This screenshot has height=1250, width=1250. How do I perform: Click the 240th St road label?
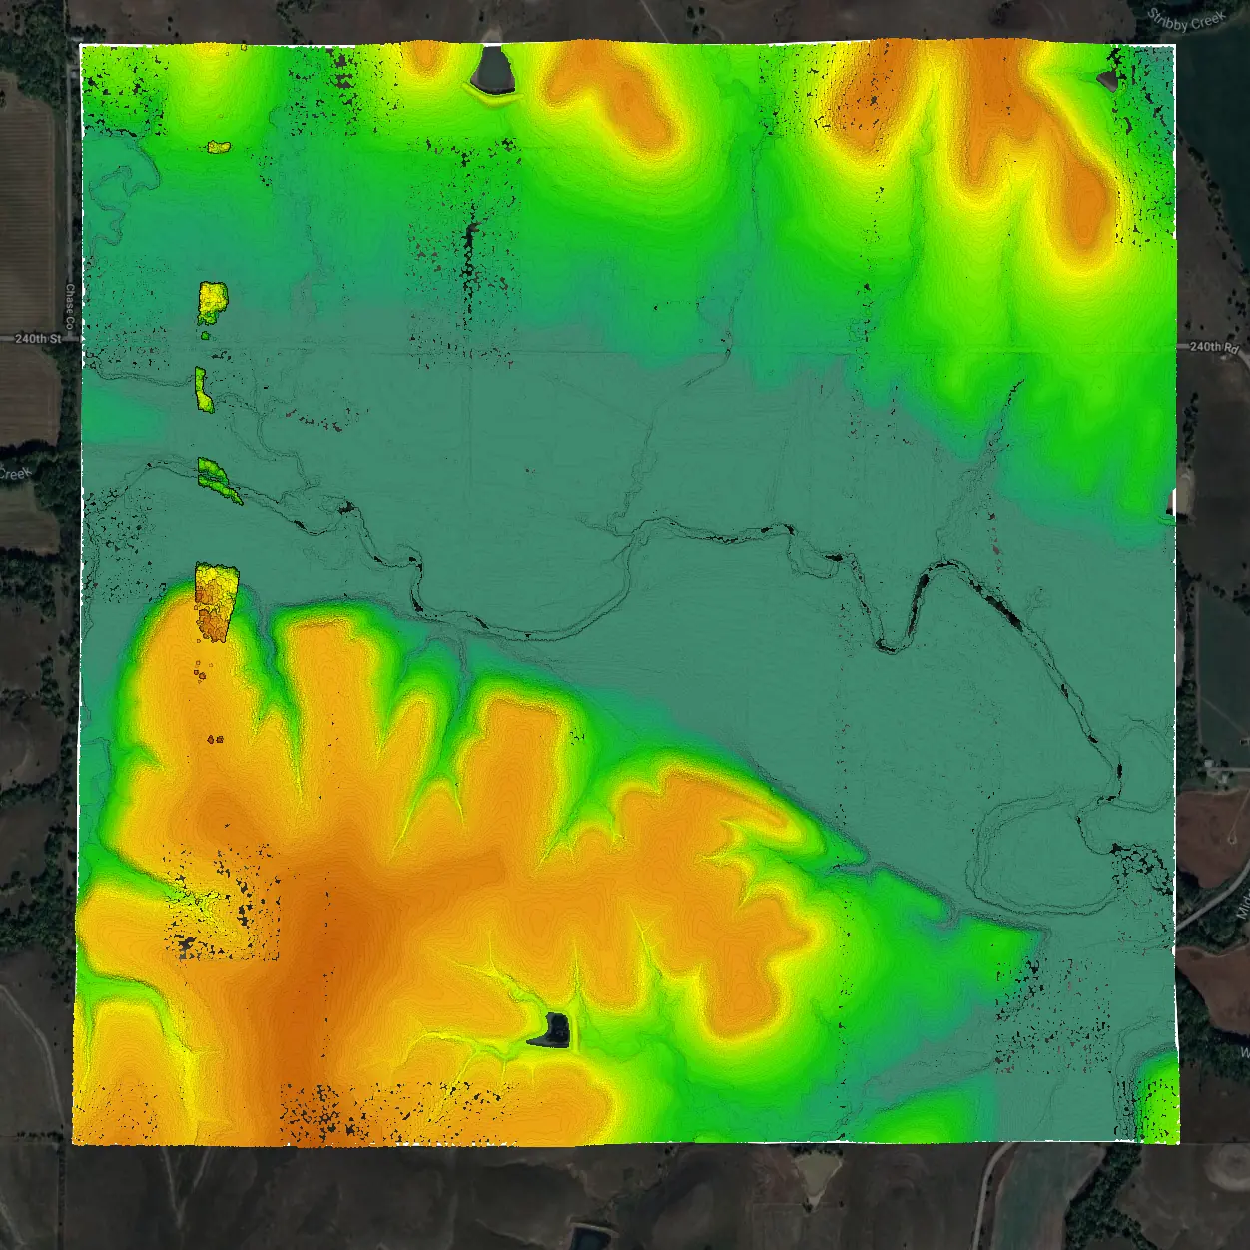[38, 339]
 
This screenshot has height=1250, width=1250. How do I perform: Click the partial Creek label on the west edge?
[16, 473]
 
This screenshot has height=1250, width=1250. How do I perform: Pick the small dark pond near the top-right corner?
[1108, 78]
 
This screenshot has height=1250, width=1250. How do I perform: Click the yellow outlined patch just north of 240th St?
[212, 302]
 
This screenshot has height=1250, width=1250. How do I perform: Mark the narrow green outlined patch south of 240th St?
[203, 390]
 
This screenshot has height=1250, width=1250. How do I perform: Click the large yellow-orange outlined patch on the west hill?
[215, 599]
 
